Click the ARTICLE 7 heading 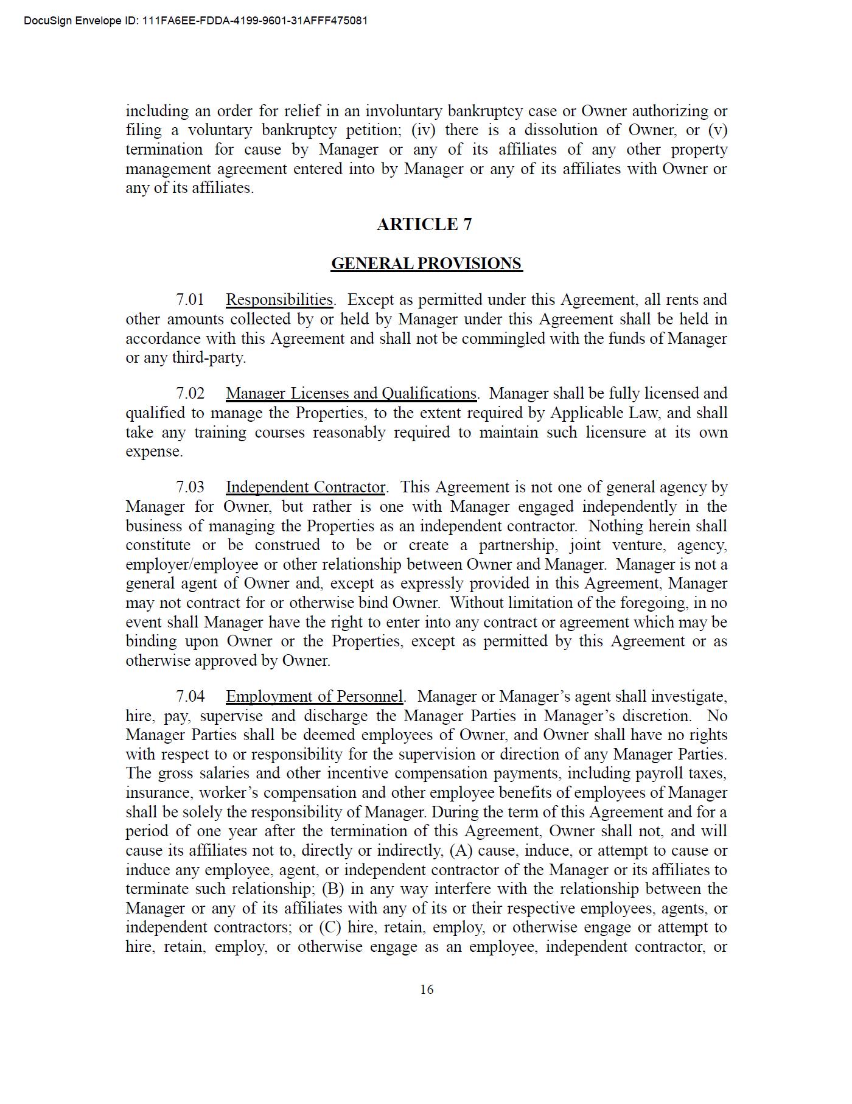(424, 225)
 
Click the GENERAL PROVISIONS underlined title (427, 264)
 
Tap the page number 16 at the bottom (427, 990)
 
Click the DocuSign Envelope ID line (195, 21)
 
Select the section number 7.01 (190, 300)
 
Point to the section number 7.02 (190, 394)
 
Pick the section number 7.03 (190, 487)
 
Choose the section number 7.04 (190, 696)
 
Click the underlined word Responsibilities (279, 300)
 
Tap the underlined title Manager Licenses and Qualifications (351, 394)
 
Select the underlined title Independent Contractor (306, 487)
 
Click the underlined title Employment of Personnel (314, 696)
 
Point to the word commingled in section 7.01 (503, 338)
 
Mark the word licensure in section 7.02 (615, 433)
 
